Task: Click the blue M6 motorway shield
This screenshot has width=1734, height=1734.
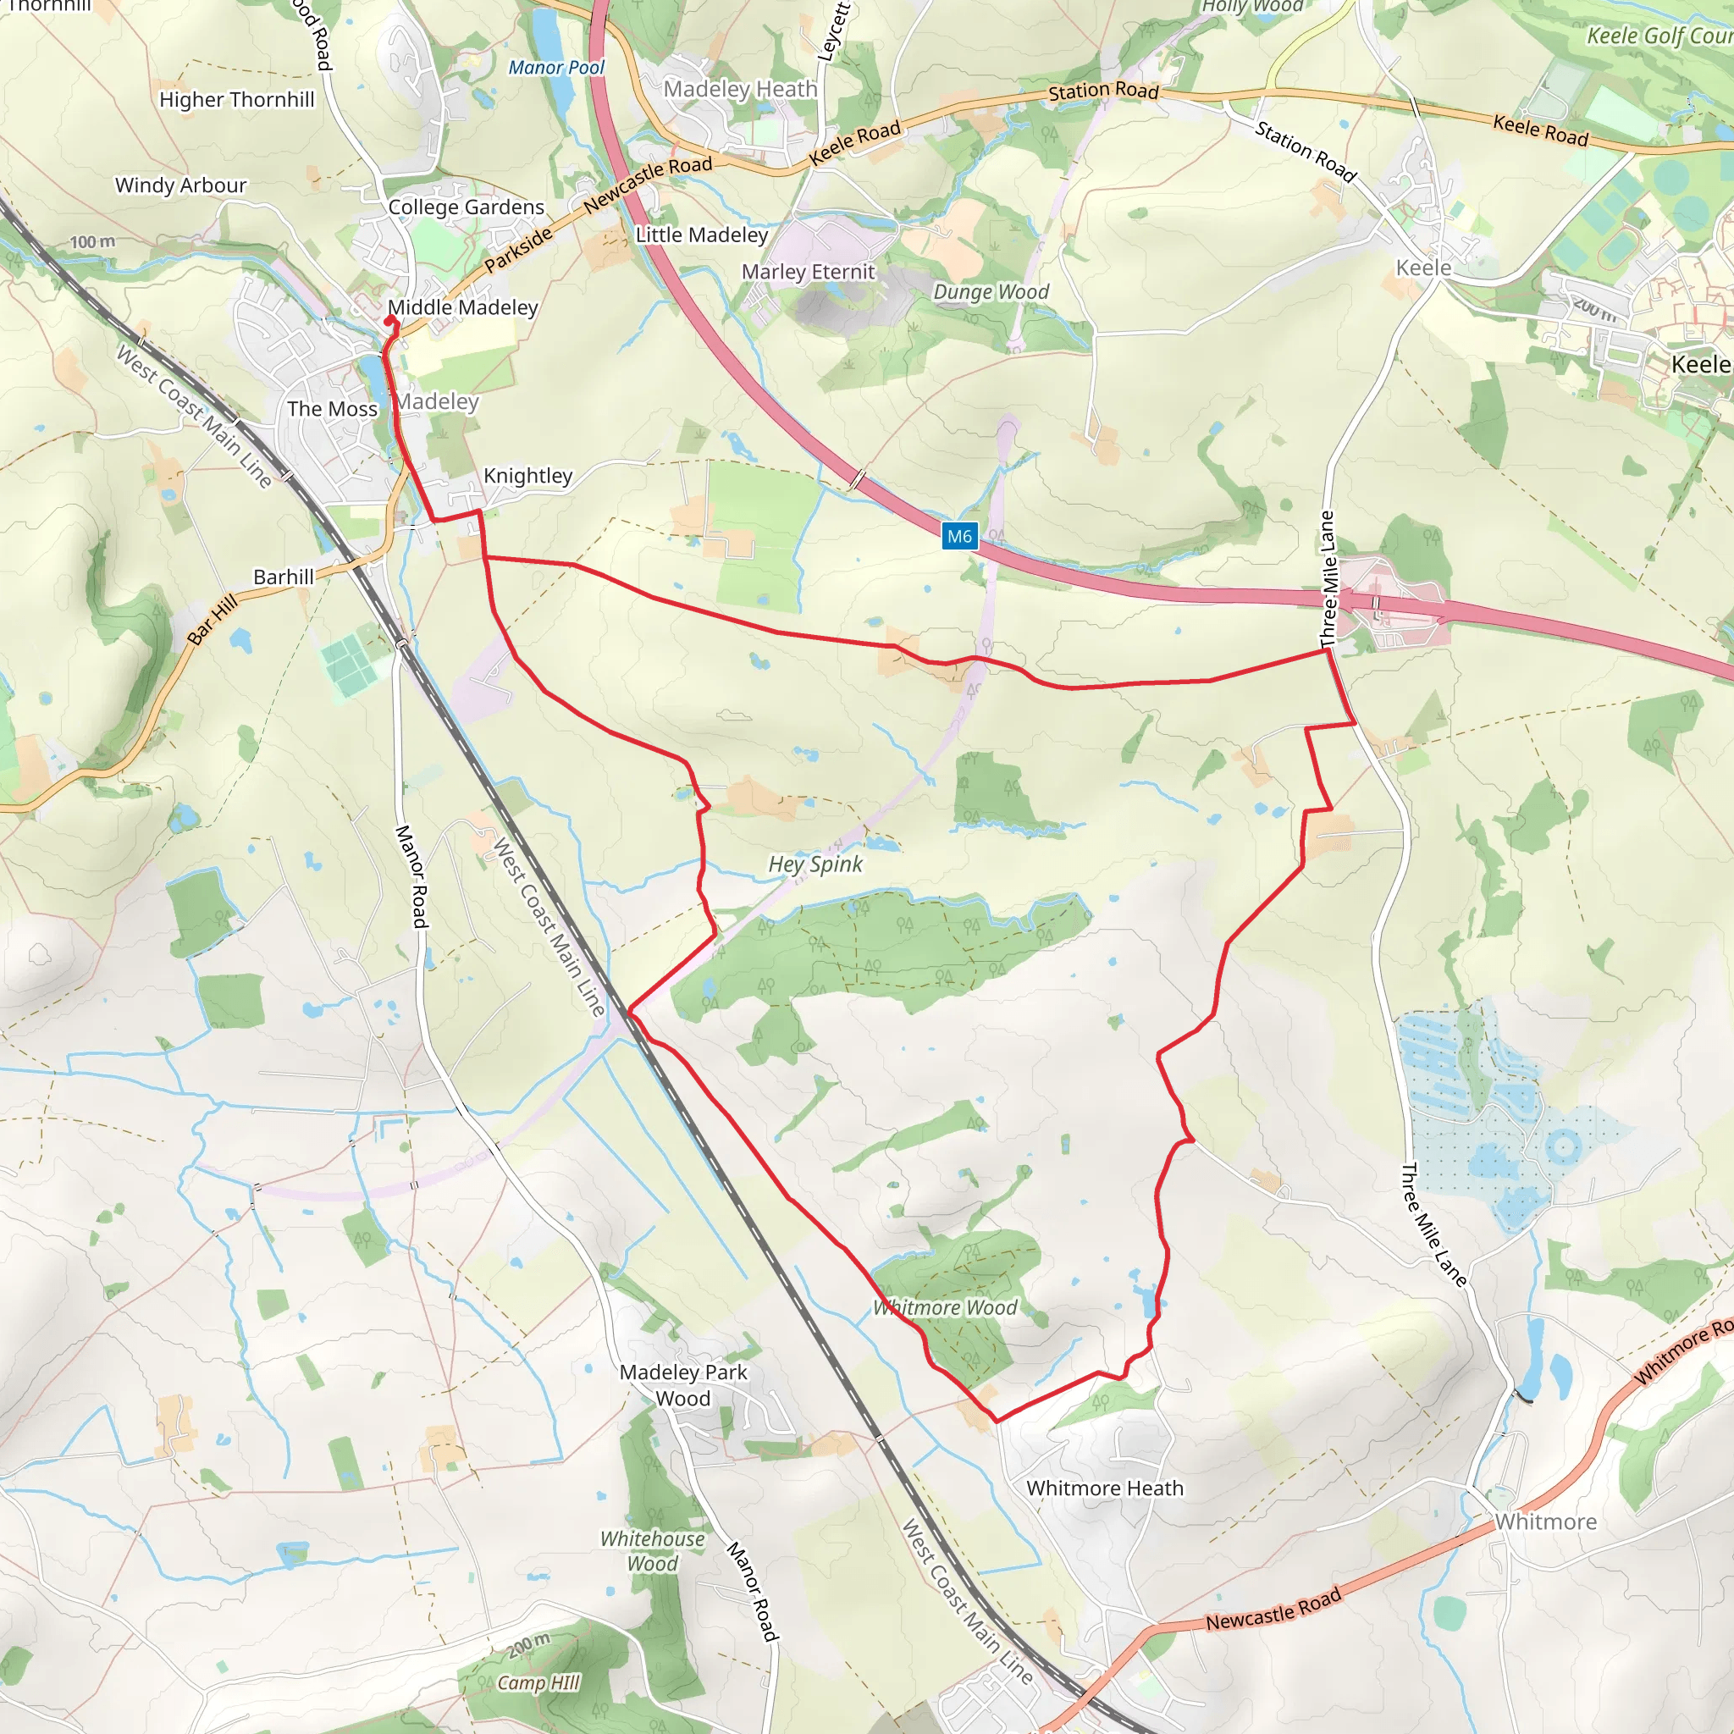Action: click(959, 537)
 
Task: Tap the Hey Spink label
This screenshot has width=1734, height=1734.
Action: click(815, 864)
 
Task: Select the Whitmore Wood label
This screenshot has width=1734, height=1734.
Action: click(945, 1307)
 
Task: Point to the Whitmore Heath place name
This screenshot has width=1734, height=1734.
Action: click(1105, 1488)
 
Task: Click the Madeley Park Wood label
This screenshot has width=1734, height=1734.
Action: click(683, 1385)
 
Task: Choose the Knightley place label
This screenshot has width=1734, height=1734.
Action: click(527, 476)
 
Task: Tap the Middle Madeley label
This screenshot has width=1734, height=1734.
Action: click(463, 308)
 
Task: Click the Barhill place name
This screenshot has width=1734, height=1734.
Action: click(284, 577)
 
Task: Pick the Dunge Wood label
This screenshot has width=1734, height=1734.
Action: click(991, 292)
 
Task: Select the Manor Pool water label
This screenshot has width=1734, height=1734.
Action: click(556, 68)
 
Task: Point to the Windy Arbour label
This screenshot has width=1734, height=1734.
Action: click(180, 185)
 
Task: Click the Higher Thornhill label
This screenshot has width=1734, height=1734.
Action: click(237, 100)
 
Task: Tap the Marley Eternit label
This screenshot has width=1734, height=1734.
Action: click(808, 272)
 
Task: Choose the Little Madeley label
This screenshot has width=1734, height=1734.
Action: click(702, 235)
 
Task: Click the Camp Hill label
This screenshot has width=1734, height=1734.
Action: click(538, 1683)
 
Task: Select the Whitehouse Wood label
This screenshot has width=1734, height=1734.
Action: click(653, 1551)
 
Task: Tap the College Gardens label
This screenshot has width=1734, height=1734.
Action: click(466, 207)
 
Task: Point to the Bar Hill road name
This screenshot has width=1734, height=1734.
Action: click(213, 619)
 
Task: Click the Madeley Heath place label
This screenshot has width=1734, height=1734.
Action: click(741, 89)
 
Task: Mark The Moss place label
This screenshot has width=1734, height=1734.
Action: click(332, 409)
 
